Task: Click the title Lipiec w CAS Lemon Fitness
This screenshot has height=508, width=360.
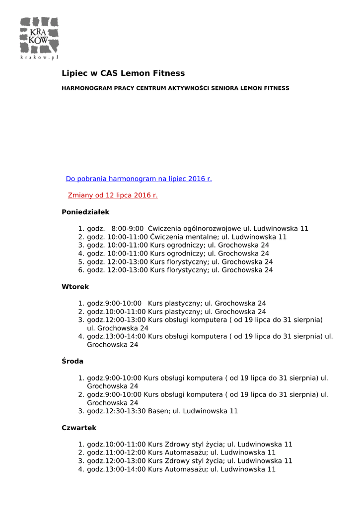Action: [123, 73]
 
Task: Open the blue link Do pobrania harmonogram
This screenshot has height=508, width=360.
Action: [139, 179]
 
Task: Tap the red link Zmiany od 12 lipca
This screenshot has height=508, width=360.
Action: [113, 195]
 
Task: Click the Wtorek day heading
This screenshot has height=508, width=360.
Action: [75, 287]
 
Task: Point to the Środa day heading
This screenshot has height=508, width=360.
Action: [72, 361]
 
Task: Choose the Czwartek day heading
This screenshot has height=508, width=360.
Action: [79, 428]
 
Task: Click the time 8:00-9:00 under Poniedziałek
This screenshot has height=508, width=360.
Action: [128, 229]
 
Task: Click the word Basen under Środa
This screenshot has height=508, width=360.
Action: [158, 411]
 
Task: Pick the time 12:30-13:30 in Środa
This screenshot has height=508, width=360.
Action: [127, 411]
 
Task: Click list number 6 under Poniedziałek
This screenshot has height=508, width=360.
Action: [81, 270]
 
